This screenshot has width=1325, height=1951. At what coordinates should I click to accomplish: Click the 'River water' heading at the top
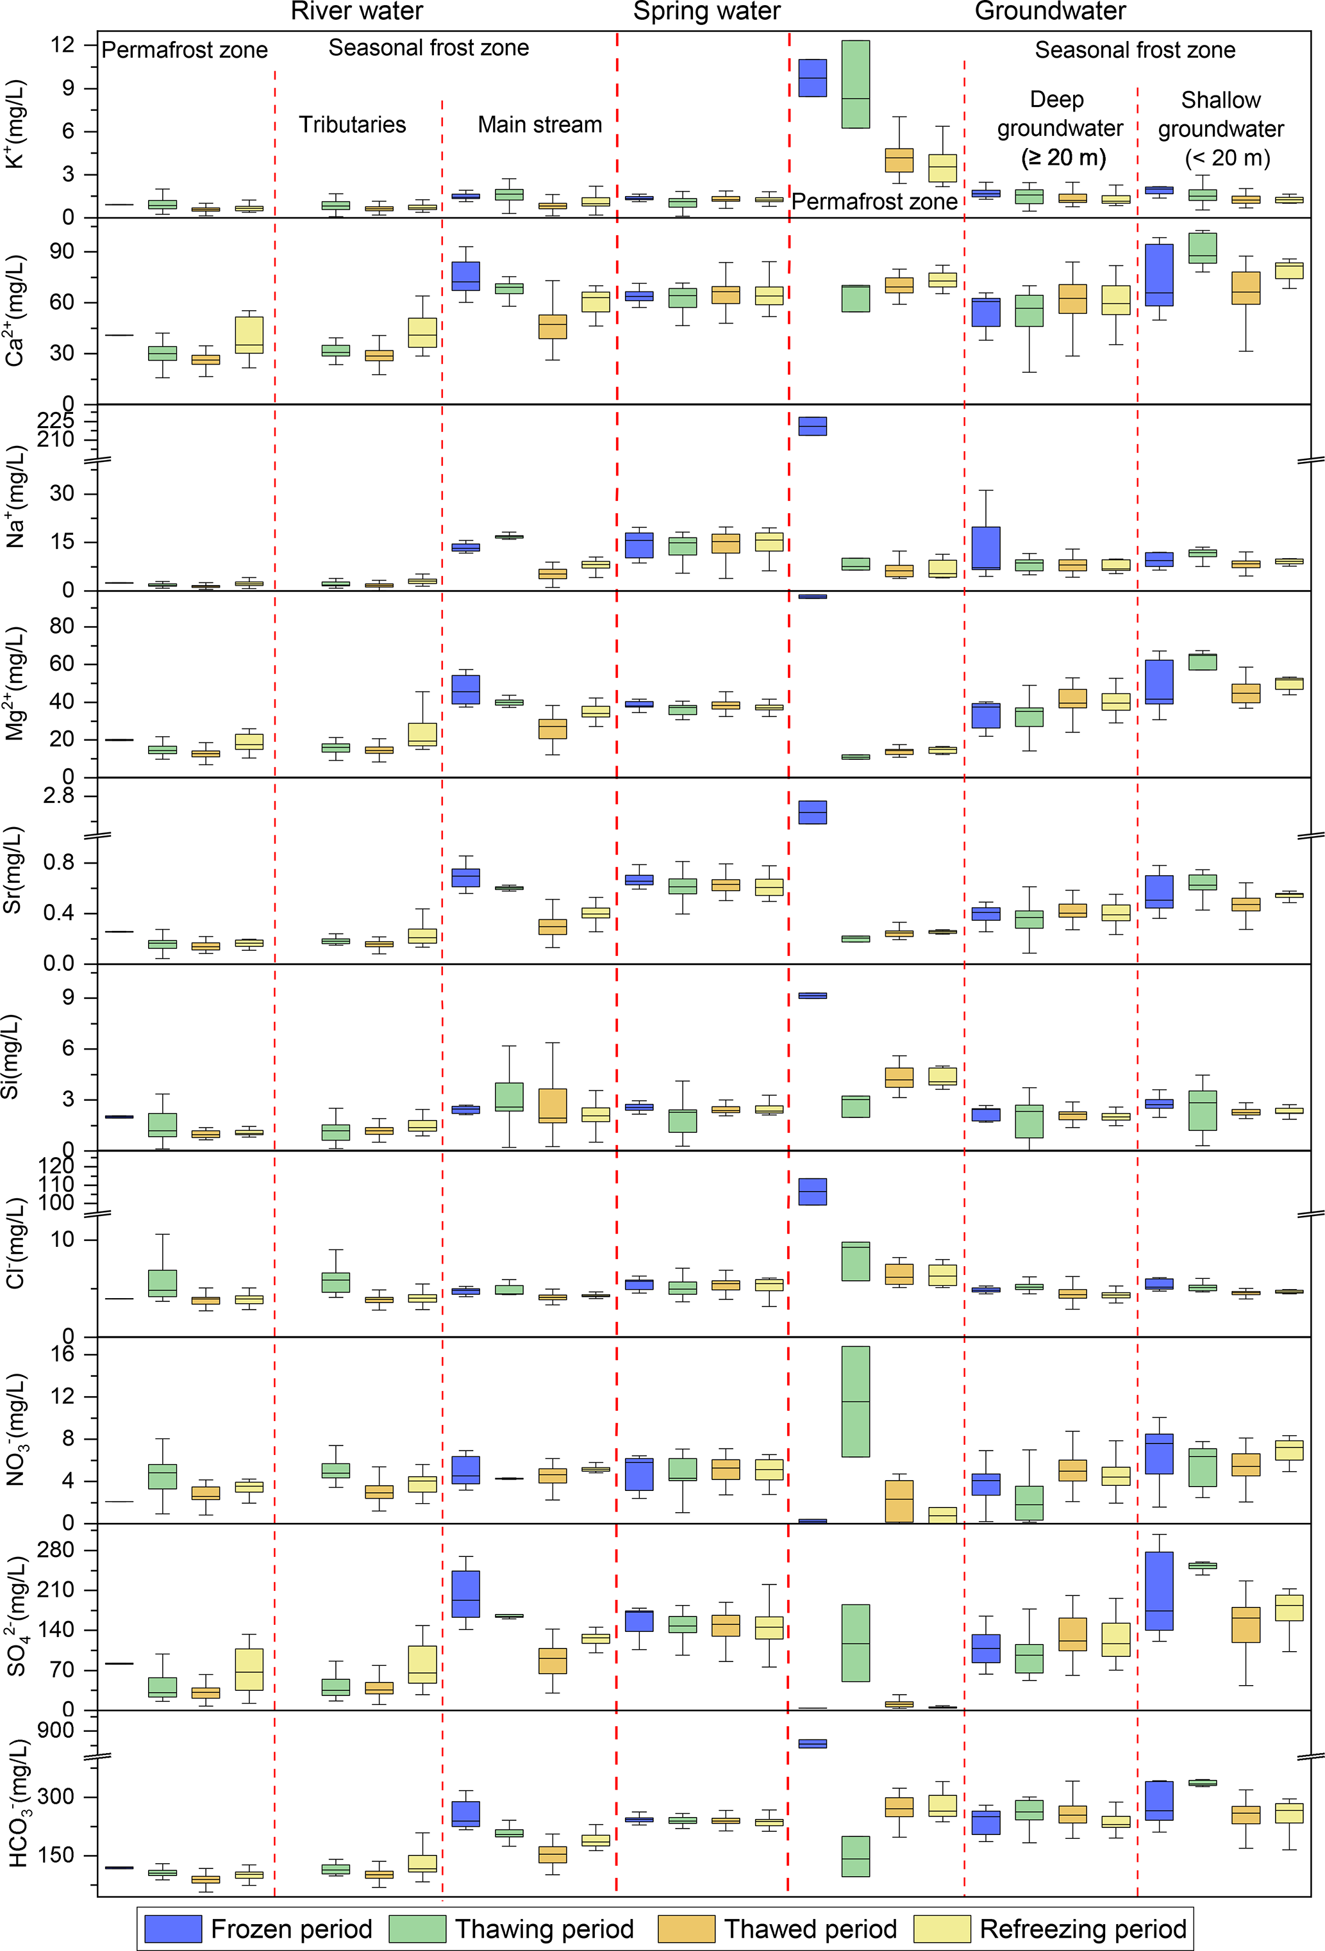pos(357,12)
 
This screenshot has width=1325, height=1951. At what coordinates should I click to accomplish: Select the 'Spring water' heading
pos(706,12)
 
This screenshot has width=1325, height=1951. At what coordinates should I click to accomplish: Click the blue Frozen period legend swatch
pos(173,1929)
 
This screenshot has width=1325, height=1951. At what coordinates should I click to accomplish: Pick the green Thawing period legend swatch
pos(417,1929)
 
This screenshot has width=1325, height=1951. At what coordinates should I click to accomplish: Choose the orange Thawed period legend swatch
pos(686,1929)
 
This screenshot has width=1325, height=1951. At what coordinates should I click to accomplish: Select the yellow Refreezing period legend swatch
pos(941,1929)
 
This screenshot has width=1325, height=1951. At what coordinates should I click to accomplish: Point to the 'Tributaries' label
pos(352,125)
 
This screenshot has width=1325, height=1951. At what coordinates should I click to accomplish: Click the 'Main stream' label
pos(539,125)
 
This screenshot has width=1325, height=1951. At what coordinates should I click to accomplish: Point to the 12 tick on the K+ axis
pos(62,45)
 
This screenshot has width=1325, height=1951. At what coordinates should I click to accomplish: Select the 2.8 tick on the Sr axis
pos(59,796)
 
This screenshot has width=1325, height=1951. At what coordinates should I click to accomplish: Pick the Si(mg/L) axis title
pos(10,1057)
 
